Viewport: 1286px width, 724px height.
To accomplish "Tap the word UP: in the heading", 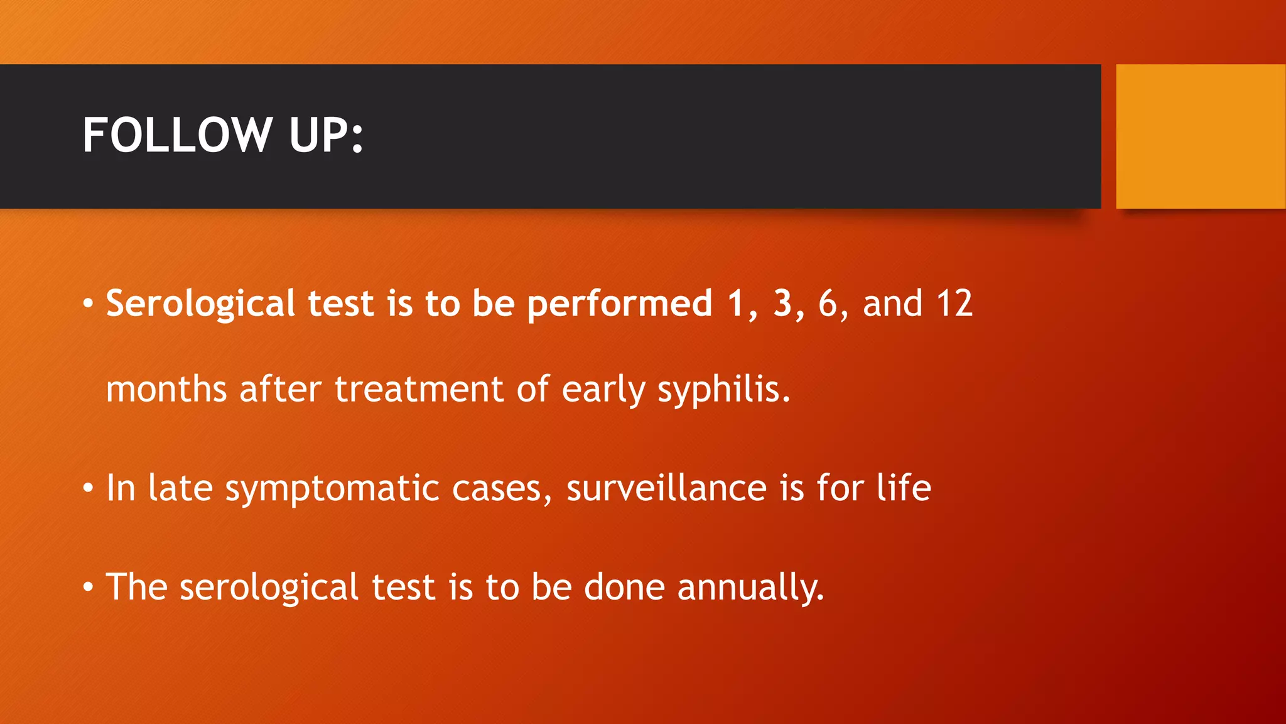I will (x=326, y=135).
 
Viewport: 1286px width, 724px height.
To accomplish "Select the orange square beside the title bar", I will (x=1201, y=136).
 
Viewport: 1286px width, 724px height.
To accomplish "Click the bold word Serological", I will (x=200, y=304).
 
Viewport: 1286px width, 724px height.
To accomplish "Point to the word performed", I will (x=619, y=304).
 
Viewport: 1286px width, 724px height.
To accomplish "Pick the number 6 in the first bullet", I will (x=828, y=304).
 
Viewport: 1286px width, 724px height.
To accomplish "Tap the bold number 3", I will (x=782, y=304).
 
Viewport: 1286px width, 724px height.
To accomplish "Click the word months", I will (x=166, y=390).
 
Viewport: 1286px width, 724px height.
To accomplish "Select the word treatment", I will (x=419, y=390).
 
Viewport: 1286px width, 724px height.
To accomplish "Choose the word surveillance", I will (x=666, y=488).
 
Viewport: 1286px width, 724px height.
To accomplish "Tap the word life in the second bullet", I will (x=904, y=488).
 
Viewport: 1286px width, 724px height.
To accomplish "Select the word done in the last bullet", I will (x=624, y=587).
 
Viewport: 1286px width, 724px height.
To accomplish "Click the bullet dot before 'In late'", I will (x=89, y=488).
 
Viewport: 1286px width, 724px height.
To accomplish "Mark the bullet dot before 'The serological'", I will (x=89, y=587).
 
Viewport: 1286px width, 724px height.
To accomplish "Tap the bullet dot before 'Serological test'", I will (x=89, y=304).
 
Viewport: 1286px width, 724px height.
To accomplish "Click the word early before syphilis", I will (x=603, y=390).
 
